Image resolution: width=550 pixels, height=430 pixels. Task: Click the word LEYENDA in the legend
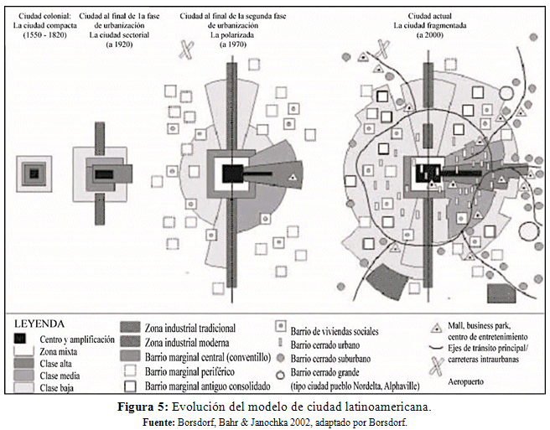click(39, 321)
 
